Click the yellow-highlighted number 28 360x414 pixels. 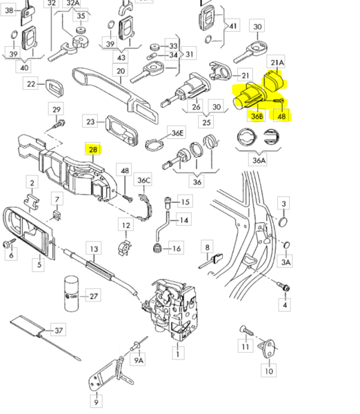coord(92,148)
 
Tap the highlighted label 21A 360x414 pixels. coord(276,63)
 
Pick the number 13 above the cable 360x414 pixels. coord(94,249)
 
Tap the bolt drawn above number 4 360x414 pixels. coord(283,284)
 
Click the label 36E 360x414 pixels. coord(178,132)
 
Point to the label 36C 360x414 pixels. coord(143,181)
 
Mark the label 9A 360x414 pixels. coord(139,359)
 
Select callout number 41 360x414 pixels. coord(233,27)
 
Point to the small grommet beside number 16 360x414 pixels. coord(158,248)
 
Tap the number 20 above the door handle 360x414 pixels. coord(121,71)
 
